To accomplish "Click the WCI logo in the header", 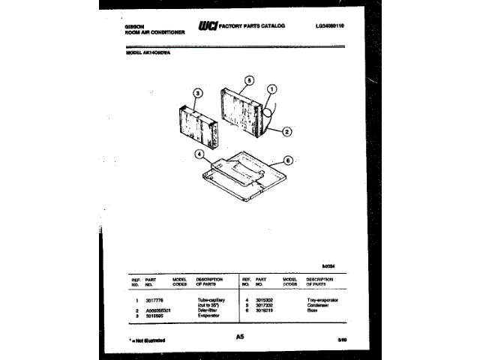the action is [x=206, y=26].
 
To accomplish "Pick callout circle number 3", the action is [x=197, y=94].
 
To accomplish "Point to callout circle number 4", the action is [x=199, y=155].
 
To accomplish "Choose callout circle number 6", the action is [x=288, y=160].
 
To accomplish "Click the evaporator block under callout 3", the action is [x=193, y=127].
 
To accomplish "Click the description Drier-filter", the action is [x=208, y=310].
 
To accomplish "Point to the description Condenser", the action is [x=319, y=305].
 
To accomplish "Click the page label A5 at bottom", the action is [x=240, y=338].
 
